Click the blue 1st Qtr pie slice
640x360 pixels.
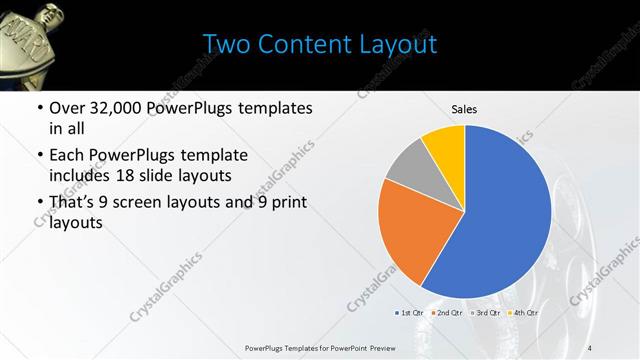click(x=500, y=220)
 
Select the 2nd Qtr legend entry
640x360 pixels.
click(x=447, y=313)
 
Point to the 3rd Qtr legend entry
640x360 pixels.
click(x=485, y=313)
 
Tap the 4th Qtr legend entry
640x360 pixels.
click(x=523, y=313)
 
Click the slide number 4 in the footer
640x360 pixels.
click(x=590, y=347)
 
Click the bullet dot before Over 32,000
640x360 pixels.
click(x=39, y=108)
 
